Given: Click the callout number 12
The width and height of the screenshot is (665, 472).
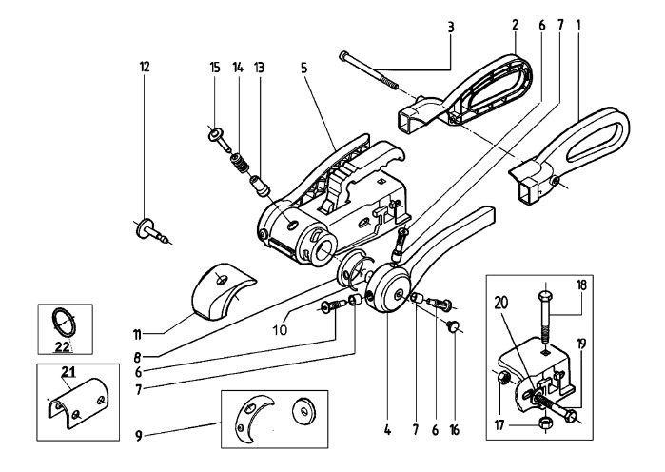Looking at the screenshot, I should [x=145, y=67].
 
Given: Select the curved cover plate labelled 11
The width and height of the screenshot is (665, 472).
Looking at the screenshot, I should [x=217, y=290].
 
